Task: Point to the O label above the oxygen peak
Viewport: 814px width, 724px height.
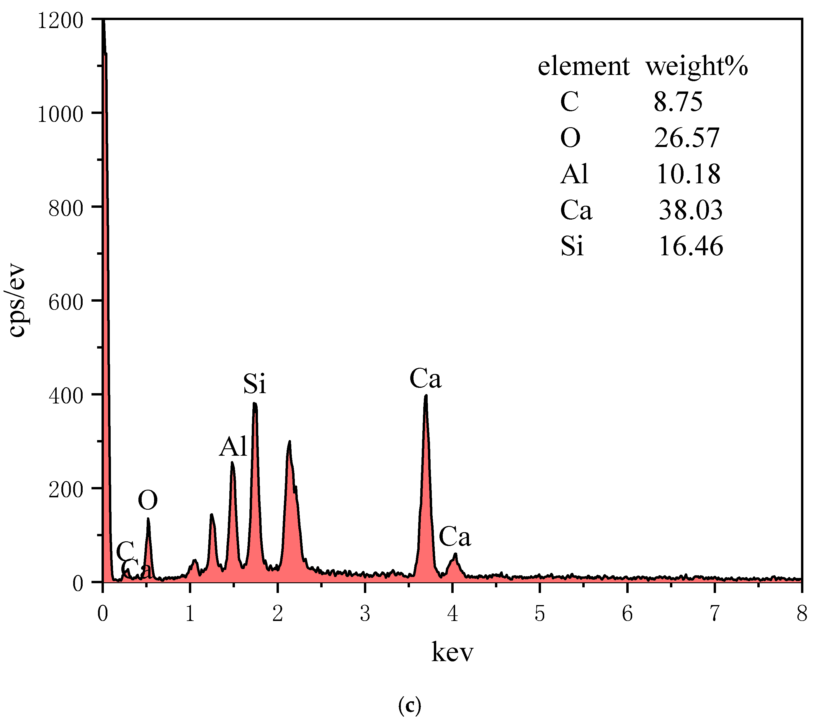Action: (148, 500)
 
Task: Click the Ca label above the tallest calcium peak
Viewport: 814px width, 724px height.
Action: (425, 379)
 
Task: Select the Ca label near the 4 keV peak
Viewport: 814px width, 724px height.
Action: (455, 537)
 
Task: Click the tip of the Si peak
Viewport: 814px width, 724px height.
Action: (255, 403)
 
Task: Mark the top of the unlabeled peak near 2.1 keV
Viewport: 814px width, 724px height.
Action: (289, 442)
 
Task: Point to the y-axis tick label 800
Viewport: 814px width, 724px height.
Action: (66, 209)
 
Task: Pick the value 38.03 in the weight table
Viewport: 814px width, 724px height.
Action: (690, 210)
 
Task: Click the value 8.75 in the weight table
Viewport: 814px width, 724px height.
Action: (678, 102)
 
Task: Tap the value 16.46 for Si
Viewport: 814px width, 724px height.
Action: (691, 246)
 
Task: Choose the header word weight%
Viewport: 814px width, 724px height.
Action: (697, 66)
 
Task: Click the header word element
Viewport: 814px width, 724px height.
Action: (583, 66)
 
